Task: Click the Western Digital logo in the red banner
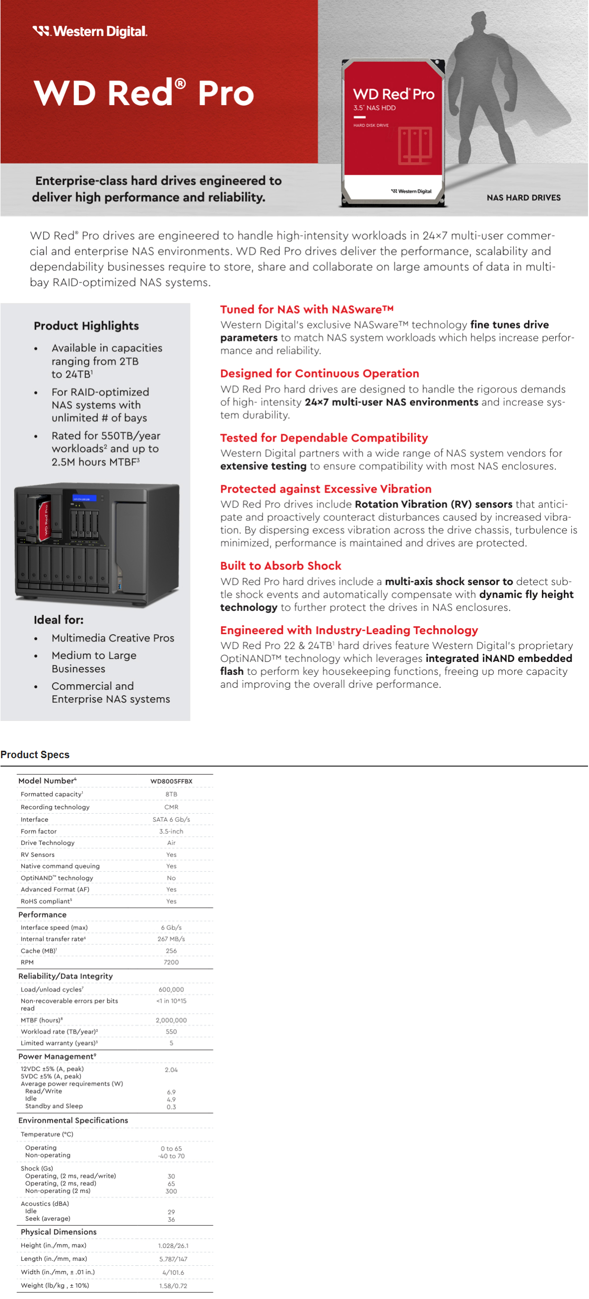(90, 32)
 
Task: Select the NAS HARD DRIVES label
(524, 197)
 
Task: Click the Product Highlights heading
(86, 326)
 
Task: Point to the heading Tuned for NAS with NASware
(307, 310)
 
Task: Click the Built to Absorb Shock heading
(281, 566)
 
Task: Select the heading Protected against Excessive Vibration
(326, 489)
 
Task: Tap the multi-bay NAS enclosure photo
(97, 545)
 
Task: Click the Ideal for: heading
(59, 620)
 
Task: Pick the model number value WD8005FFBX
(172, 781)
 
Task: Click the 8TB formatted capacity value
(172, 794)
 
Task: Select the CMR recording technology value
(172, 807)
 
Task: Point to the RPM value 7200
(172, 962)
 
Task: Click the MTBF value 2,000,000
(172, 1020)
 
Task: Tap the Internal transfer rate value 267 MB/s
(172, 939)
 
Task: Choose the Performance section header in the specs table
(42, 915)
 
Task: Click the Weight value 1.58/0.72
(173, 1286)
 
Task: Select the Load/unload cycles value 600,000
(172, 990)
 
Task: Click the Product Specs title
(35, 754)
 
